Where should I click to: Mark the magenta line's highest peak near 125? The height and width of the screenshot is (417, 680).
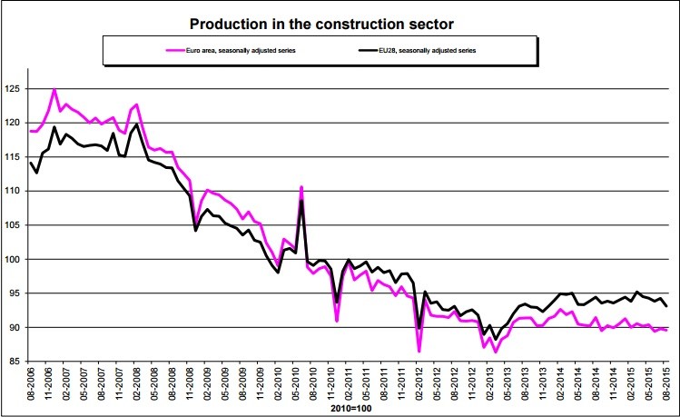54,89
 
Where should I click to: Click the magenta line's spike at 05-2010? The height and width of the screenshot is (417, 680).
301,187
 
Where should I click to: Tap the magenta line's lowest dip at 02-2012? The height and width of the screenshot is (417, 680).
419,351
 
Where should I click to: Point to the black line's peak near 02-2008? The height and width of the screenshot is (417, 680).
136,124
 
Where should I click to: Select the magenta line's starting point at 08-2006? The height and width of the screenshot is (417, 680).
31,131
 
